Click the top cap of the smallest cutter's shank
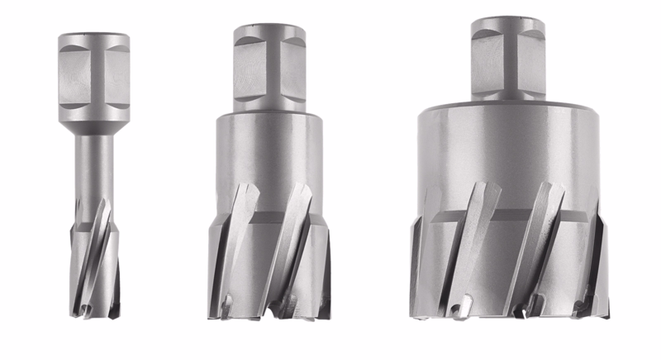point(94,38)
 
